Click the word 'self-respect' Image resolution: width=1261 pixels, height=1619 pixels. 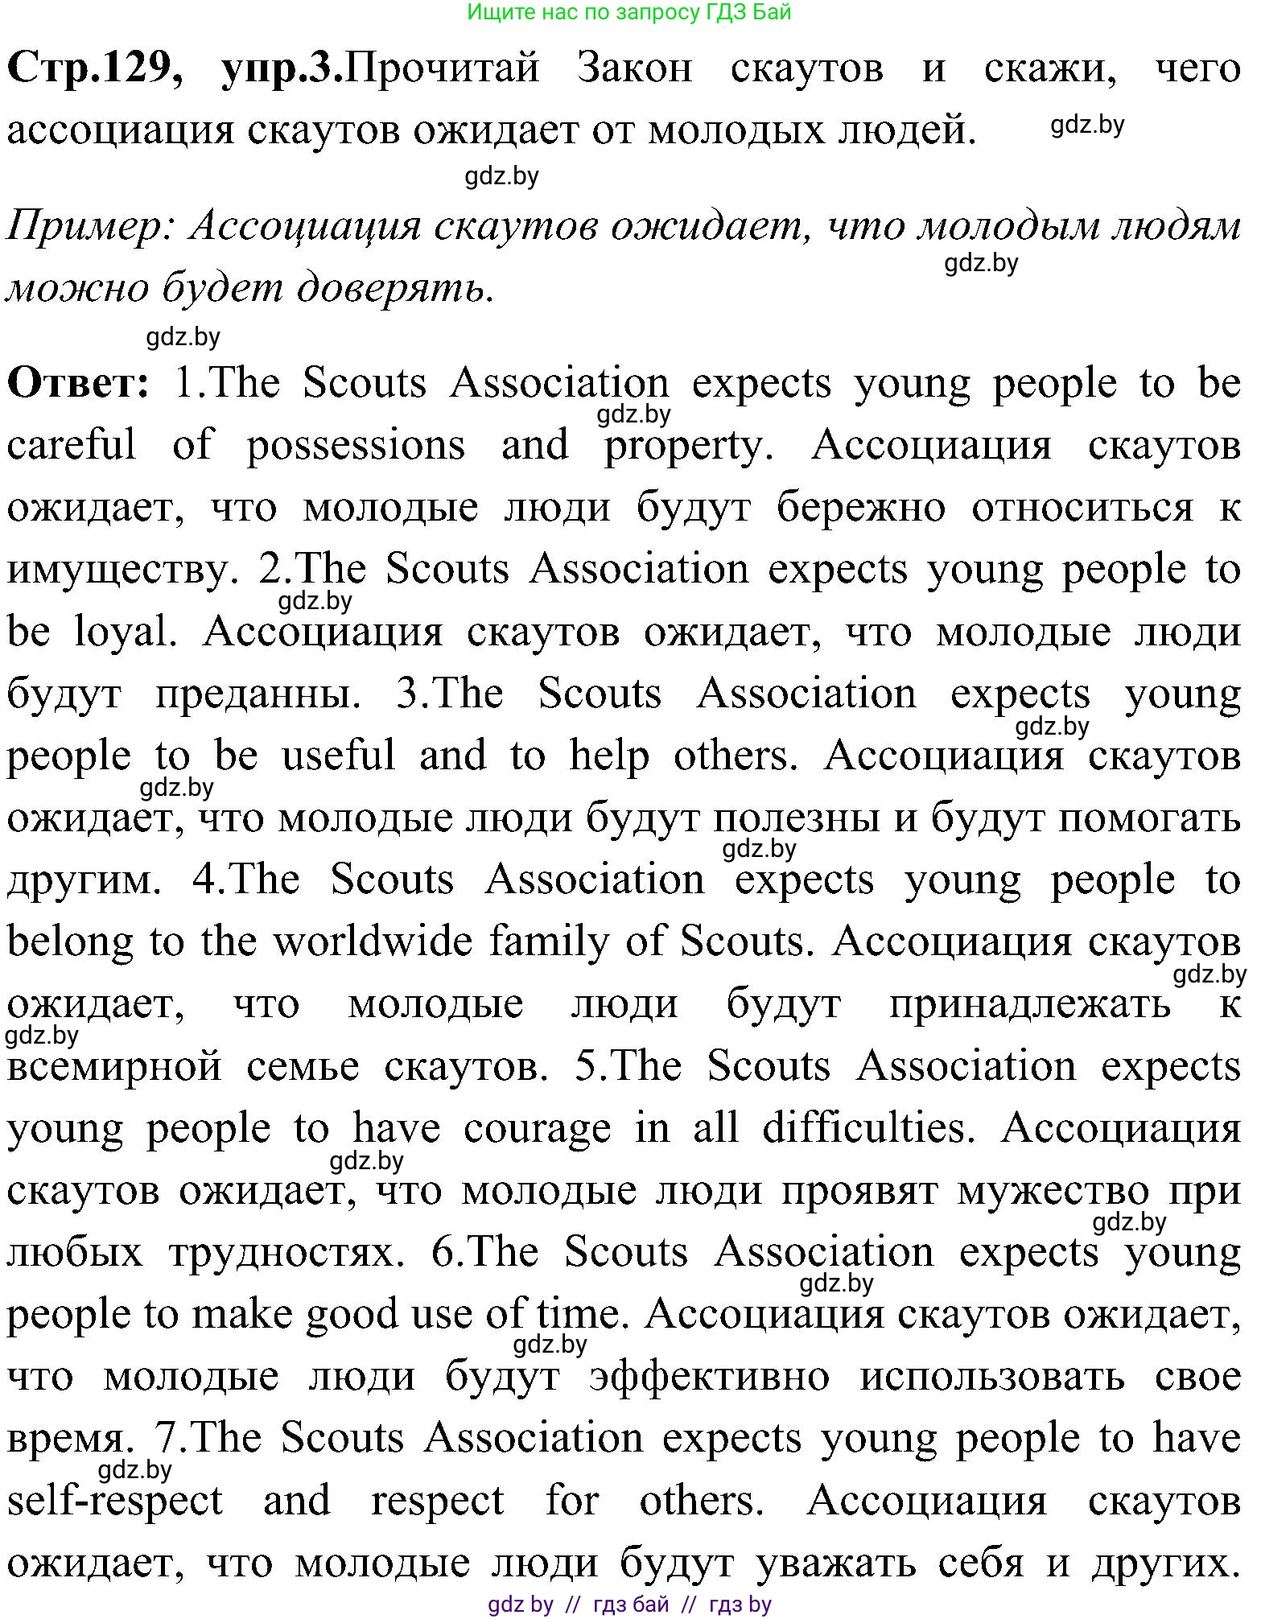point(115,1502)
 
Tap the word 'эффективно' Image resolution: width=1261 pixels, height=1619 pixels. point(709,1378)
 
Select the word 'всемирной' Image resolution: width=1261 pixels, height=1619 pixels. point(114,1067)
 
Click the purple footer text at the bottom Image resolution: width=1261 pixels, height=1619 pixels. point(630,1605)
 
